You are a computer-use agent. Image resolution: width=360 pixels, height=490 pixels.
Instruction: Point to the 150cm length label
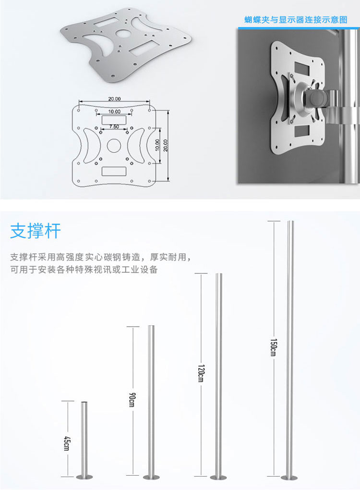pos(273,348)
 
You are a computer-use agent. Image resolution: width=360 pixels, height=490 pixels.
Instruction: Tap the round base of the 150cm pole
pos(289,477)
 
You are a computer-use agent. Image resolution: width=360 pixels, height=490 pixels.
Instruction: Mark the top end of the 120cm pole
pos(219,275)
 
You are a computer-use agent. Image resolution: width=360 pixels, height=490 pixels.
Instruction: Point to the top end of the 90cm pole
pos(151,327)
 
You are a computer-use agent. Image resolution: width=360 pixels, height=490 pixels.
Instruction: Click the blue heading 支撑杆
pos(36,231)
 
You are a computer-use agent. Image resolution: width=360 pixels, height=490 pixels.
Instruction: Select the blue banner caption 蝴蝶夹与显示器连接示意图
pos(295,20)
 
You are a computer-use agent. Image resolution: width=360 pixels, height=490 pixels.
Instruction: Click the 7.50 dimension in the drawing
pos(114,126)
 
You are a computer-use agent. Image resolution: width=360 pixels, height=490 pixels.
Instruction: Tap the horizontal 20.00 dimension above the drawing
pos(114,99)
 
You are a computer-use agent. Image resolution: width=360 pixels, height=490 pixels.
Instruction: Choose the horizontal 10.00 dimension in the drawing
pos(114,111)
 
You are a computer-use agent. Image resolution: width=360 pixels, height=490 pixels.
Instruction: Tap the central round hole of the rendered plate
pos(124,35)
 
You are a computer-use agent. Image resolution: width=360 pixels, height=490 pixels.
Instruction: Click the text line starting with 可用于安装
pos(84,269)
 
